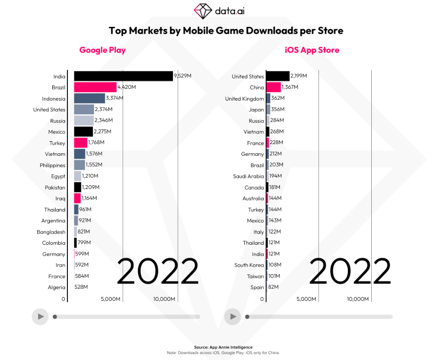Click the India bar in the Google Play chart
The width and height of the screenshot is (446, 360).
(x=123, y=76)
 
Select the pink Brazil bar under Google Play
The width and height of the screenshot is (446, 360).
(x=95, y=87)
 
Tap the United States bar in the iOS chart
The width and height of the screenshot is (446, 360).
(x=278, y=76)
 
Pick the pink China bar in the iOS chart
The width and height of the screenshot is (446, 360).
(x=274, y=87)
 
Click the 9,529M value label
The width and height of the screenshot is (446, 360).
(x=183, y=76)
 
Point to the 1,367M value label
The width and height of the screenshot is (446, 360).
(x=290, y=87)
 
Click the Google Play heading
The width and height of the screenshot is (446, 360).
(x=103, y=50)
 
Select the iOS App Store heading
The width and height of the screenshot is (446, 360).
(x=312, y=50)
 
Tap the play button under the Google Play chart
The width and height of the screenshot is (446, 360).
(x=40, y=317)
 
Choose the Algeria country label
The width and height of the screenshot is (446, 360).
(x=56, y=287)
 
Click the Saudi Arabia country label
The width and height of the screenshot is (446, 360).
(x=248, y=176)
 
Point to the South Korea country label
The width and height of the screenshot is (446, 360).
(x=249, y=265)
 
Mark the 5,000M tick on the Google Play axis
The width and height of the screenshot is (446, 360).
(x=111, y=299)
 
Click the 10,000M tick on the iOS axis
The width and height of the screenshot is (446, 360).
(x=358, y=299)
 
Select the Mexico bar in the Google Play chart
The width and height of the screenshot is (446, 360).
(x=83, y=132)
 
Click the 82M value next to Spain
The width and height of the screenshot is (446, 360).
(x=273, y=287)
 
